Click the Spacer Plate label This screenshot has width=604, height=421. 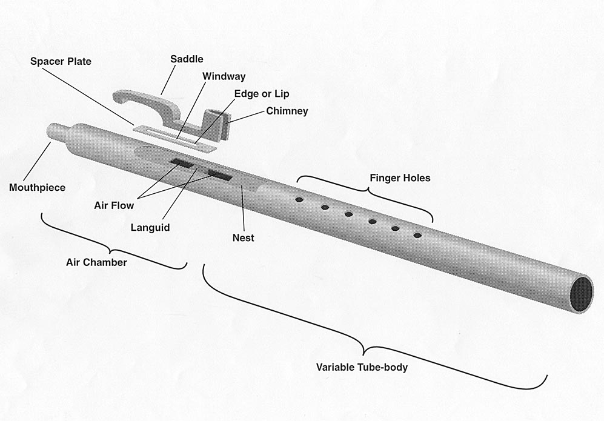coord(61,61)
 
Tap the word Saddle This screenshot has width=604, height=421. coord(187,59)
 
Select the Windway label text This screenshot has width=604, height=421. coord(224,76)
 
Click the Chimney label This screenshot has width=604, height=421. coord(287,111)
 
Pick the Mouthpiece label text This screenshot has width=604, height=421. coord(37,187)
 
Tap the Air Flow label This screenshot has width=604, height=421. coord(113,205)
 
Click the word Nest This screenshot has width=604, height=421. coord(243,237)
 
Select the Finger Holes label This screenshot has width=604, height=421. coord(400,177)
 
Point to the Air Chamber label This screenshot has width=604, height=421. coord(96,262)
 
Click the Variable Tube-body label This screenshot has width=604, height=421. coord(362,367)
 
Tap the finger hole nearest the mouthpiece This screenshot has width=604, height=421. coord(299,199)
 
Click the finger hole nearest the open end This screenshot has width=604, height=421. coord(417,234)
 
